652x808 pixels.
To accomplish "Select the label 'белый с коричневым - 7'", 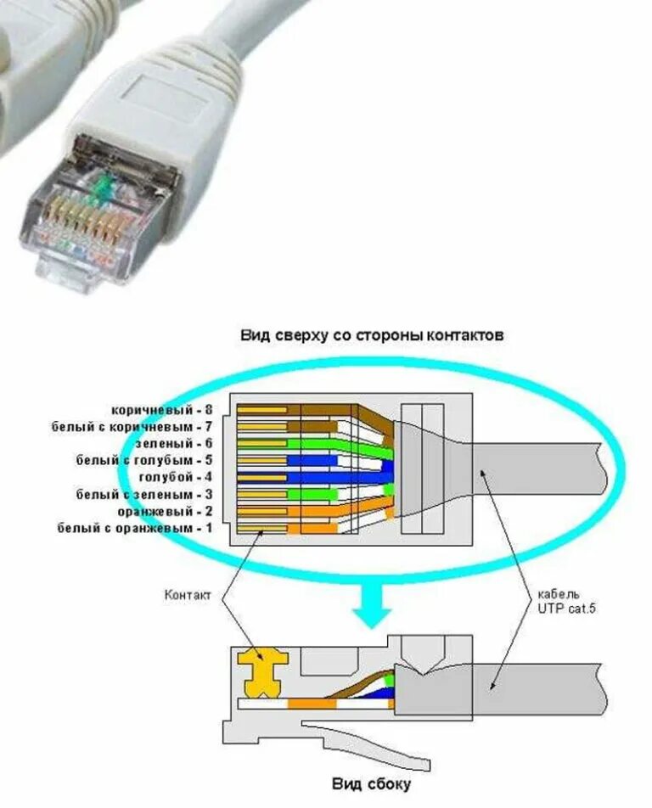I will [x=132, y=426].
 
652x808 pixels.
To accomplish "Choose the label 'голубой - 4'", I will [x=174, y=476].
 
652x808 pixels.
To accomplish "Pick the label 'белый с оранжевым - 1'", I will [x=135, y=527].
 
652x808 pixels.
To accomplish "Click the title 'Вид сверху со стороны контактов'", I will [x=372, y=335].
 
